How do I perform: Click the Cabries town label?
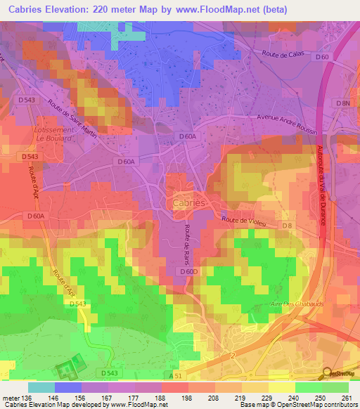(x=188, y=202)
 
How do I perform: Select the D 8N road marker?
(x=342, y=103)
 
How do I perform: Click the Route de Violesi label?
(x=245, y=220)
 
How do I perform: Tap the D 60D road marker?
(x=189, y=271)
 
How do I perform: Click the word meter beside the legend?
(x=11, y=397)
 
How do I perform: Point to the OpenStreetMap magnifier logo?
(x=327, y=374)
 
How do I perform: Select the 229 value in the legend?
(x=266, y=397)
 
